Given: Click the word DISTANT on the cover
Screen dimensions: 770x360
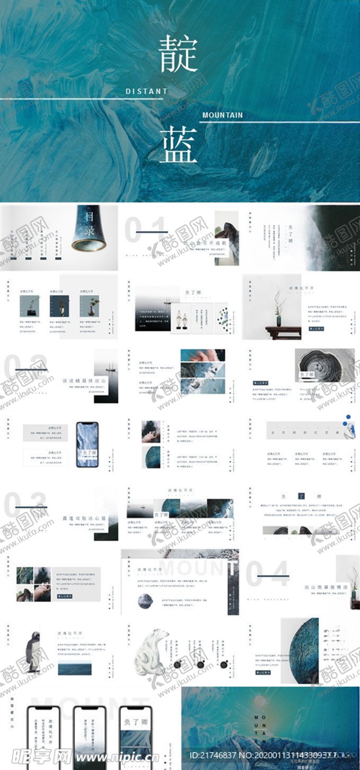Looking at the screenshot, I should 146,92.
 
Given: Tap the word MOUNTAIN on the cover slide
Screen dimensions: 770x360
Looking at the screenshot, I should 222,115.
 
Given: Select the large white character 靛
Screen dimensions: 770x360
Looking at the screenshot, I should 178,55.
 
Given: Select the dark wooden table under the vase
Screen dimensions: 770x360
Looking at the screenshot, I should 283,332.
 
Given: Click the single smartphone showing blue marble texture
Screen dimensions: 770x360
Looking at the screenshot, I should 87,445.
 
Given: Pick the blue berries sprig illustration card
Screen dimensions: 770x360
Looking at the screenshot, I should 224,318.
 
